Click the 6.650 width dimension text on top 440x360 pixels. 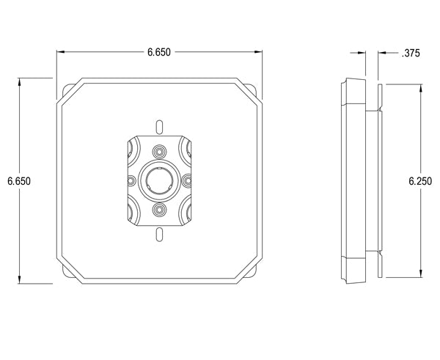point(160,52)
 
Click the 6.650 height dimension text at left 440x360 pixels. point(18,180)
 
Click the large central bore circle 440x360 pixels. point(158,180)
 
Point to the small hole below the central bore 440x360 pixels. point(158,210)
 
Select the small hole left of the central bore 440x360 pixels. point(131,180)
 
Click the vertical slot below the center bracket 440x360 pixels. point(158,235)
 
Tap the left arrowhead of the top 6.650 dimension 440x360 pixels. point(61,52)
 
